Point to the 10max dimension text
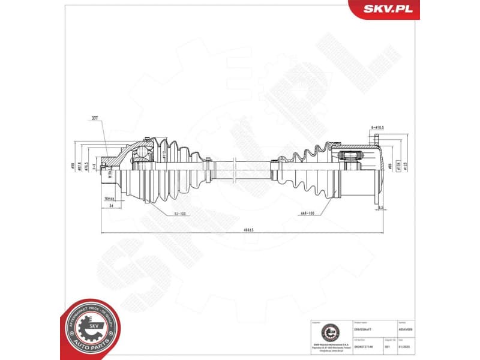[x=109, y=198]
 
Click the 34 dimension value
[x=112, y=205]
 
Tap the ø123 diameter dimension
[x=406, y=167]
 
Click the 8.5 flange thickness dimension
[x=380, y=208]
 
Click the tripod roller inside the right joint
[x=350, y=160]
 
